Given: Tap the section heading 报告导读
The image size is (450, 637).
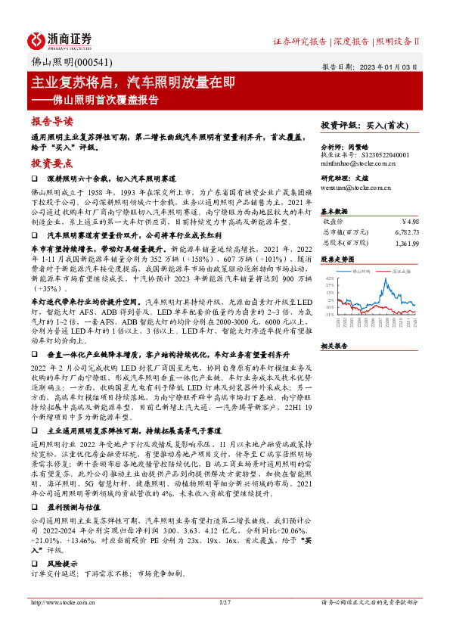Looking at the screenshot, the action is point(51,121).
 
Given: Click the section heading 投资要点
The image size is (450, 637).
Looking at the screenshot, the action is point(51,162).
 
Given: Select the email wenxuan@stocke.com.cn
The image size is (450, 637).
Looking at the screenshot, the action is point(355,186).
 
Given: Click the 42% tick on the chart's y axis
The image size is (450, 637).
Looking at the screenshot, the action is point(330,278).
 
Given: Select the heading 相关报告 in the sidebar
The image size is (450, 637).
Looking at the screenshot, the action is point(334,345).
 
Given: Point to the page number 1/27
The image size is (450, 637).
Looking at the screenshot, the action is point(224,624).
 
